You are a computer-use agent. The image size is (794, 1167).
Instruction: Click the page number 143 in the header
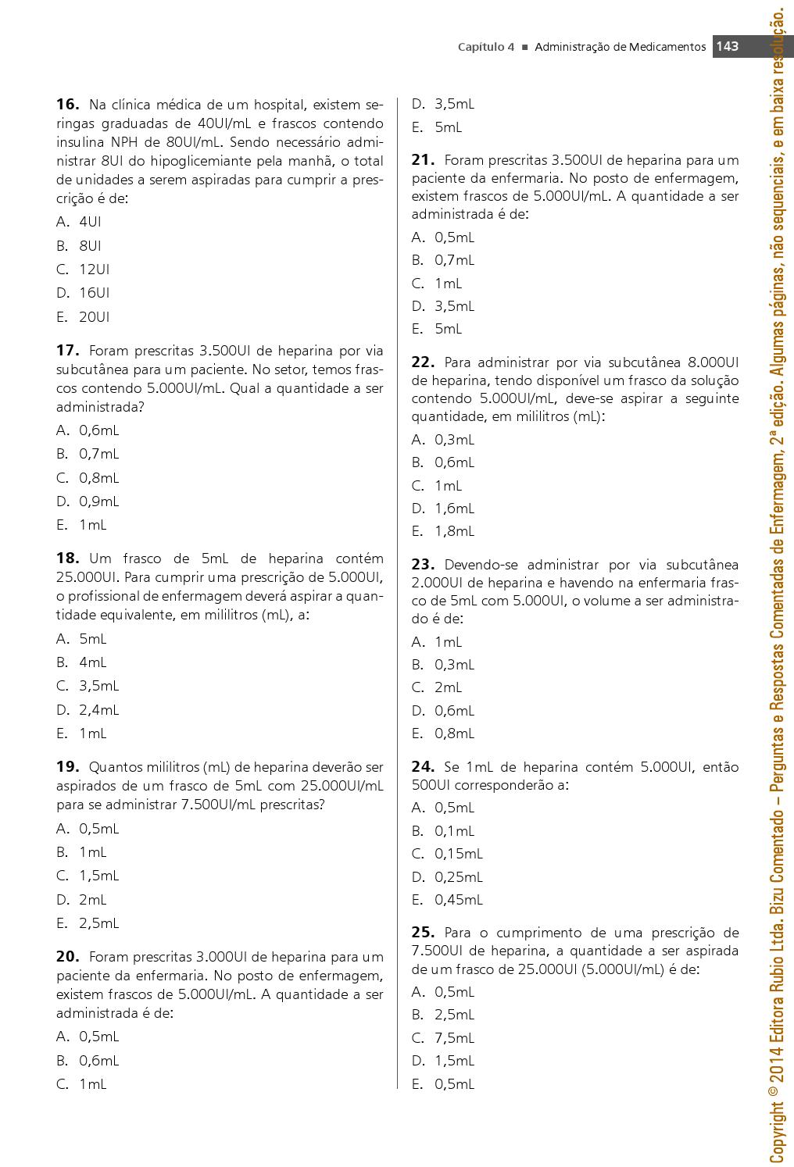click(x=727, y=46)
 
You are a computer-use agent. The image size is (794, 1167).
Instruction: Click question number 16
click(x=67, y=104)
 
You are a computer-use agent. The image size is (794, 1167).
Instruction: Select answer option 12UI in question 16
click(x=94, y=269)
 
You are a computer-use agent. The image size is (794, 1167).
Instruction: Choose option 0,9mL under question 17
click(x=98, y=501)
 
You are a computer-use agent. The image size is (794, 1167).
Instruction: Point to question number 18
click(x=67, y=558)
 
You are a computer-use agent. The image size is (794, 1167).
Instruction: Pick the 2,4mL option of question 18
click(x=98, y=710)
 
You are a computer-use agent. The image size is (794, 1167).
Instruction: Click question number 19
click(x=67, y=766)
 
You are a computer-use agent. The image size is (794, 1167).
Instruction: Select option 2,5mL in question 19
click(x=98, y=923)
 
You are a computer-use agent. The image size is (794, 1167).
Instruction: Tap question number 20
click(x=67, y=956)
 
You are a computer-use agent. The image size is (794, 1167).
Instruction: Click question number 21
click(x=423, y=160)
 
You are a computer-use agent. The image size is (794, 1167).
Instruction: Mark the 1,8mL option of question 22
click(x=454, y=531)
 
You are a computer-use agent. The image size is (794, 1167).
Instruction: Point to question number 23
click(x=423, y=565)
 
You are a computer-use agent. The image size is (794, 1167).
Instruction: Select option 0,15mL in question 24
click(x=458, y=854)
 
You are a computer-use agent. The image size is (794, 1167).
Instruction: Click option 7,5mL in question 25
click(x=454, y=1038)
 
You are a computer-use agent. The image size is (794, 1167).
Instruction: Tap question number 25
click(x=423, y=932)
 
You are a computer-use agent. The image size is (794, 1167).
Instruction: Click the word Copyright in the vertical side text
click(x=778, y=1121)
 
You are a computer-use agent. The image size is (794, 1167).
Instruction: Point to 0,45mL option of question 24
click(x=458, y=900)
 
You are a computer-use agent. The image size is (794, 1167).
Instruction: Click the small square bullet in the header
click(x=525, y=47)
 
